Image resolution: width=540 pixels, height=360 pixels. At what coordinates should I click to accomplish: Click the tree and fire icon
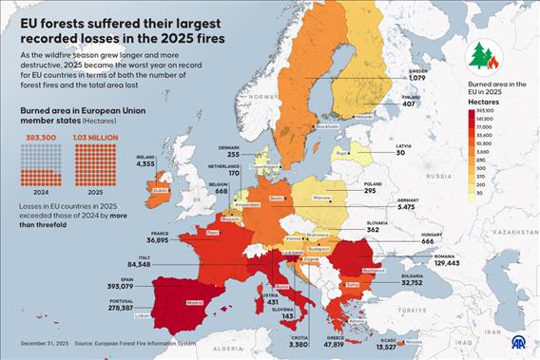(484, 56)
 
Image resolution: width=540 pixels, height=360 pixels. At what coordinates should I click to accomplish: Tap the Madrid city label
(195, 304)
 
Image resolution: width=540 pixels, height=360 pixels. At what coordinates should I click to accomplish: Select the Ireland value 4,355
(145, 164)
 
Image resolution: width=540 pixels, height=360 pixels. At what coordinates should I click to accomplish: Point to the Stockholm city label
(326, 126)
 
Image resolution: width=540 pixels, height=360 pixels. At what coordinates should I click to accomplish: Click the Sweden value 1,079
(417, 77)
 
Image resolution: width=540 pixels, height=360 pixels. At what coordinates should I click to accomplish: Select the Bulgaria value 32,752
(411, 282)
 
